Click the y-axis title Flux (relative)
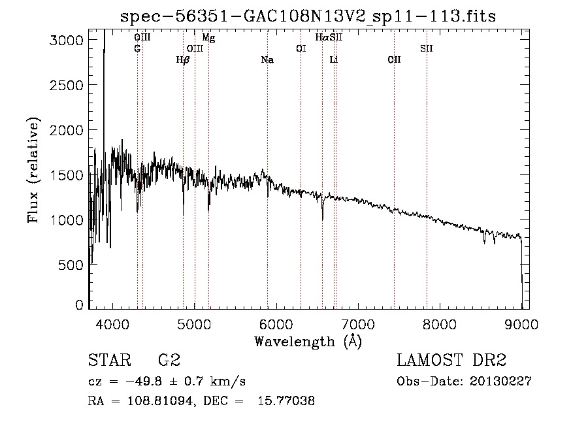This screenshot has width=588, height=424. [x=33, y=170]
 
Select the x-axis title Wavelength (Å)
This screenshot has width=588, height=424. [x=308, y=341]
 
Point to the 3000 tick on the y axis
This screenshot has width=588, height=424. [x=67, y=40]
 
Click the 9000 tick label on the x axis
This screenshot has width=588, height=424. [x=521, y=323]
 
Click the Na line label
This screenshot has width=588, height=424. [x=267, y=60]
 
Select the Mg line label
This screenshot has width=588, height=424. [x=208, y=38]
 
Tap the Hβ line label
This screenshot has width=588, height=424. [x=183, y=60]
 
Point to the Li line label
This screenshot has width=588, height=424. [x=334, y=60]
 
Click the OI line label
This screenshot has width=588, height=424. [x=301, y=48]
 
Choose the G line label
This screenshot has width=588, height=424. [x=137, y=48]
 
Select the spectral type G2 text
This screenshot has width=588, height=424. [x=169, y=361]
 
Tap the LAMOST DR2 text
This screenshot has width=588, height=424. [x=451, y=361]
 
